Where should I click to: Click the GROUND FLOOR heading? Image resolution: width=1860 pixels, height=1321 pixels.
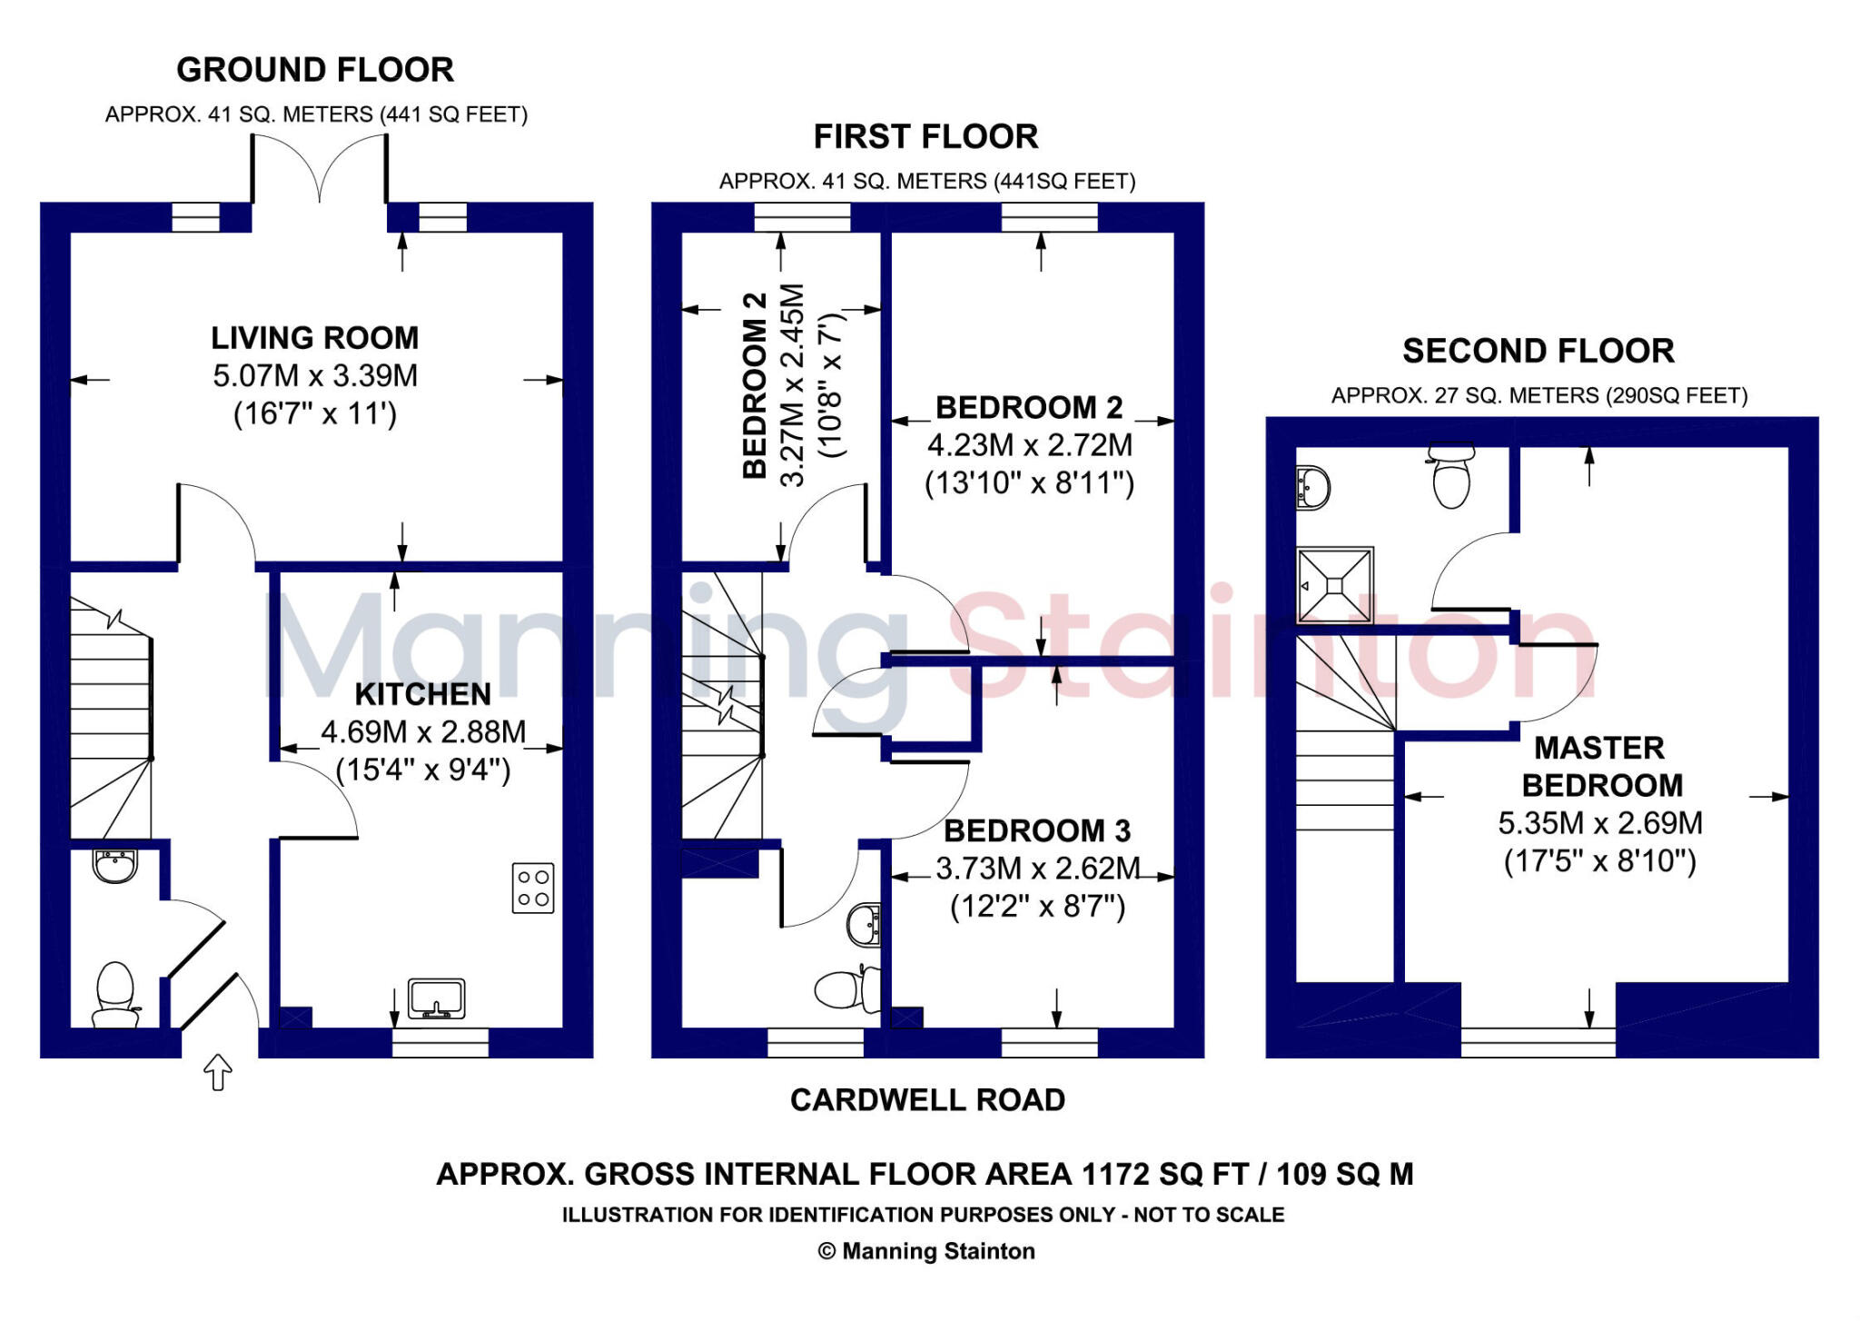pyautogui.click(x=314, y=70)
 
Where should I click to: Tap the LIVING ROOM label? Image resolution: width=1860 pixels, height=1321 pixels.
pyautogui.click(x=314, y=338)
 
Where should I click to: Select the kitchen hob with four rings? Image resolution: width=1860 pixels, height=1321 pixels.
pyautogui.click(x=533, y=888)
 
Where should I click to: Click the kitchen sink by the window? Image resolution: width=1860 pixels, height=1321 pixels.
pyautogui.click(x=436, y=998)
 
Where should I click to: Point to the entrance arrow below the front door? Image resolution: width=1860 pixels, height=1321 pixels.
pyautogui.click(x=218, y=1072)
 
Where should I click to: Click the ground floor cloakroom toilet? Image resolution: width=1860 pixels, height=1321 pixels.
pyautogui.click(x=115, y=995)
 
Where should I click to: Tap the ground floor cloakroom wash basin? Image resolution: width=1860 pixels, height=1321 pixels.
pyautogui.click(x=114, y=865)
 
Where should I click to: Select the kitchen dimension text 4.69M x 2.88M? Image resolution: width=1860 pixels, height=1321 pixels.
pyautogui.click(x=423, y=732)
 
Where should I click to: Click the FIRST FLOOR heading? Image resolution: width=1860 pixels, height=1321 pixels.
pyautogui.click(x=925, y=137)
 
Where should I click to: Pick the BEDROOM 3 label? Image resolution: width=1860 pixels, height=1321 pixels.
pyautogui.click(x=1037, y=830)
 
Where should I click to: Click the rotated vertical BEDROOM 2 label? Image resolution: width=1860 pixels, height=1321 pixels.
pyautogui.click(x=755, y=385)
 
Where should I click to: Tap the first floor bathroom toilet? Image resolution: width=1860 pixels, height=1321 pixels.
pyautogui.click(x=846, y=988)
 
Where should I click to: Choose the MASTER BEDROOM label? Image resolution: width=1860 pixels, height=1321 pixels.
pyautogui.click(x=1601, y=766)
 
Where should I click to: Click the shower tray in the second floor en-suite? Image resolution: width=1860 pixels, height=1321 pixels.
pyautogui.click(x=1334, y=586)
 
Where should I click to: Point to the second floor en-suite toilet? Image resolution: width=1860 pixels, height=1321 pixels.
pyautogui.click(x=1451, y=477)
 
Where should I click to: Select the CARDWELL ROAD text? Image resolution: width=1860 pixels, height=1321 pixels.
pyautogui.click(x=927, y=1100)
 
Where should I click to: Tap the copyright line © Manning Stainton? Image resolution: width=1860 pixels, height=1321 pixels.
pyautogui.click(x=926, y=1251)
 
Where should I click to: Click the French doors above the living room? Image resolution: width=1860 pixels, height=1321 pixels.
pyautogui.click(x=320, y=169)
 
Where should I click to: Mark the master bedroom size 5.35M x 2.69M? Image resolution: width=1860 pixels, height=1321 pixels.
pyautogui.click(x=1599, y=823)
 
